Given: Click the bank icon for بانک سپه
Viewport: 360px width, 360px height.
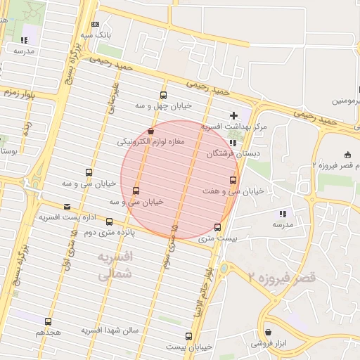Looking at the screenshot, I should [95, 24].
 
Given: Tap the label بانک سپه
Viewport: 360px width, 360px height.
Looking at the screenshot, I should [95, 34].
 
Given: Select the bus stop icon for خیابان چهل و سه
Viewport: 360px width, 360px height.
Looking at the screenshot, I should [164, 96].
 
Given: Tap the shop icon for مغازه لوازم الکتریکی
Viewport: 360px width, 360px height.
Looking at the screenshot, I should [151, 131].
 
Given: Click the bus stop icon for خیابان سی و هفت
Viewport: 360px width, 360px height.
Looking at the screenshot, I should [233, 180].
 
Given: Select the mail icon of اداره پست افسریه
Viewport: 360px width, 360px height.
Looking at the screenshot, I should [67, 207].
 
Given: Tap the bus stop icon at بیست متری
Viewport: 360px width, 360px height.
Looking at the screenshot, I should [217, 227].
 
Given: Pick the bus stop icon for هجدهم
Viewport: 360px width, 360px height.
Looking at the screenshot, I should [47, 320].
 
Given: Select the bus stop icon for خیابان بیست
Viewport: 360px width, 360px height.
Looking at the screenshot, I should [188, 336].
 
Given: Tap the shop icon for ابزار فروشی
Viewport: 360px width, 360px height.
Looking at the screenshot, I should [268, 333].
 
